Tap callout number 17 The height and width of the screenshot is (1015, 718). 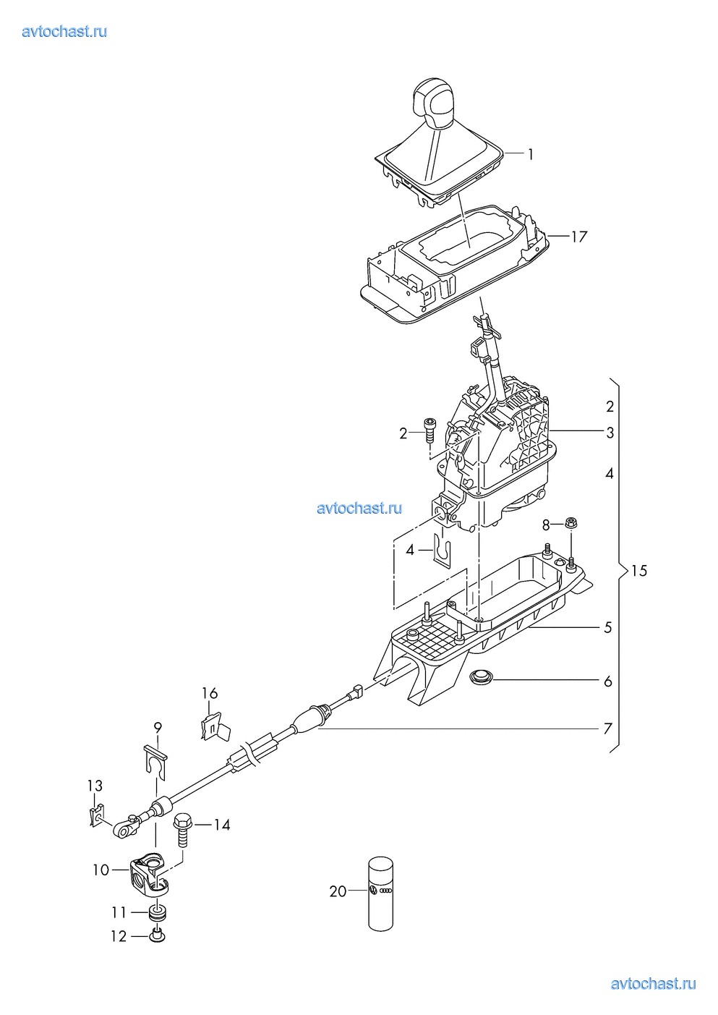pos(579,237)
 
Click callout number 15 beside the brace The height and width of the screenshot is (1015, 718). pos(638,571)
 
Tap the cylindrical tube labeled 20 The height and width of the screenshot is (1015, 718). pos(380,893)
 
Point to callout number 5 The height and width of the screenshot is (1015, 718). pos(608,627)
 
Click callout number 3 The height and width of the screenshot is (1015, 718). pos(610,433)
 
